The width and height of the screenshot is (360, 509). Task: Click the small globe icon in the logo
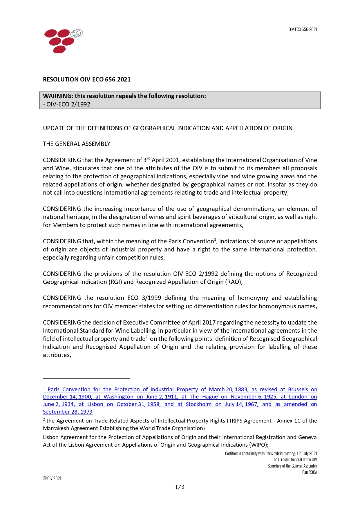[x=77, y=33]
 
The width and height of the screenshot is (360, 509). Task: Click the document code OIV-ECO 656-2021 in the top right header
[x=303, y=29]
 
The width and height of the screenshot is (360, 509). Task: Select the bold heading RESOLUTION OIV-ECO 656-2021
[x=87, y=79]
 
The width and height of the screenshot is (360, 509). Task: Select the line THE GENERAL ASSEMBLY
[x=77, y=144]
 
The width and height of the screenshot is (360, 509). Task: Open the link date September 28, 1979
[x=68, y=412]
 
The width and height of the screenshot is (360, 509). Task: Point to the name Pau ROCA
[x=310, y=472]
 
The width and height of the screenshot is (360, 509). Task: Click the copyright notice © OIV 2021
[x=52, y=478]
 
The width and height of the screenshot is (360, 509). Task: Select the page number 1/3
[x=180, y=487]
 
